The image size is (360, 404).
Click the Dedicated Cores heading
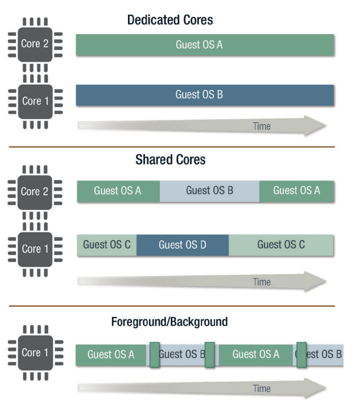[x=170, y=20]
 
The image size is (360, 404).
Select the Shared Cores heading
[x=170, y=160]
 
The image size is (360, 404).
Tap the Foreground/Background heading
[x=169, y=322]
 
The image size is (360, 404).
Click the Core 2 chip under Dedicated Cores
[x=35, y=44]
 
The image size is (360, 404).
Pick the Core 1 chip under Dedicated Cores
[x=35, y=101]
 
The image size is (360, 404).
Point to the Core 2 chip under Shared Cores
[x=35, y=192]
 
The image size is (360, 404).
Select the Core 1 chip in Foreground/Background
[x=35, y=353]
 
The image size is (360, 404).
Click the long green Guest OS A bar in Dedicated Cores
[x=205, y=45]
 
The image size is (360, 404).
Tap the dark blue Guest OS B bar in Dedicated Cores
[x=205, y=95]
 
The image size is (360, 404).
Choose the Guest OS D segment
[x=183, y=245]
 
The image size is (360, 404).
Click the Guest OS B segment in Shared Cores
[x=209, y=191]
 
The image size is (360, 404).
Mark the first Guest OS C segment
[x=106, y=245]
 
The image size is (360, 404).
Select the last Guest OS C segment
[x=281, y=245]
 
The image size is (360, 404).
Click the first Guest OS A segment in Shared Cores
[x=118, y=191]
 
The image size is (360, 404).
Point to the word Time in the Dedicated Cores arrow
[x=262, y=126]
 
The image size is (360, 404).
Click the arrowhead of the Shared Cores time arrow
[x=315, y=281]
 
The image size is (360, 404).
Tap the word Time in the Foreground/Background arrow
[x=262, y=389]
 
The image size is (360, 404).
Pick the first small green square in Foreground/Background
[x=154, y=354]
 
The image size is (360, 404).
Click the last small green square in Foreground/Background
[x=301, y=354]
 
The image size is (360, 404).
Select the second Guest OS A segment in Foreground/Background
[x=256, y=354]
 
